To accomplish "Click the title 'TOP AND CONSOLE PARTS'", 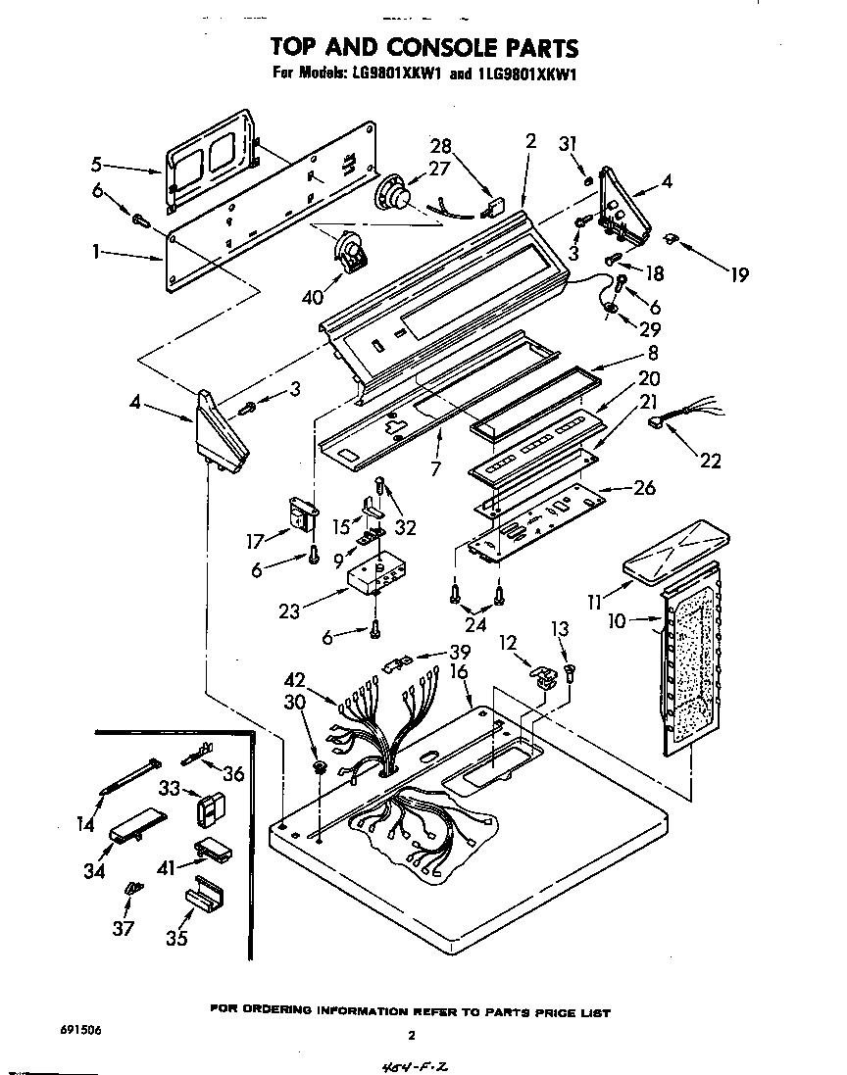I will (423, 48).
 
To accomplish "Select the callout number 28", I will (442, 146).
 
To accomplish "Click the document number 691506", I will (72, 1030).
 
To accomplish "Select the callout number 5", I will (96, 164).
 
